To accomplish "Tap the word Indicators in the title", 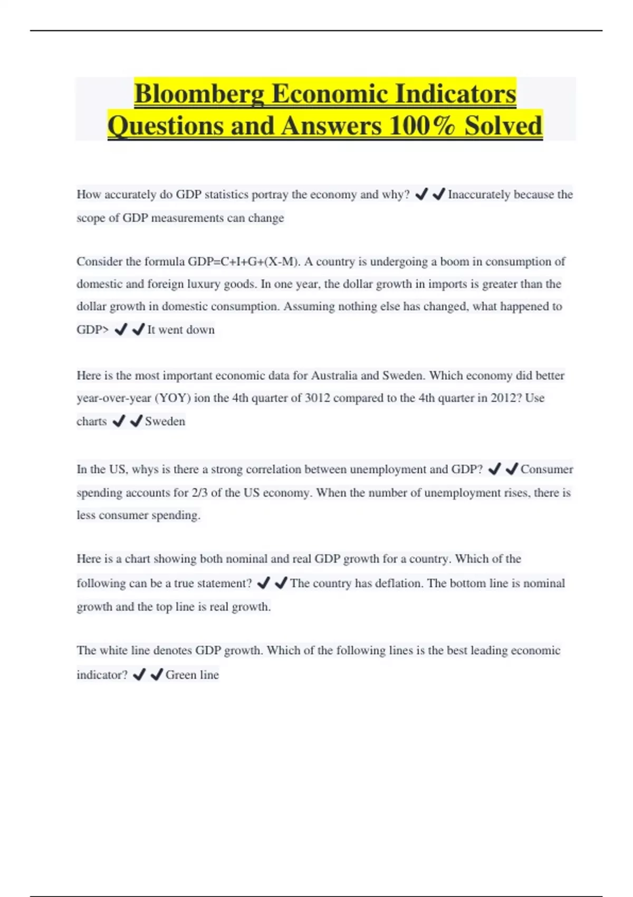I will pos(455,94).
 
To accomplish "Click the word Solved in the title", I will pos(503,126).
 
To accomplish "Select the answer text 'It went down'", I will pos(181,330).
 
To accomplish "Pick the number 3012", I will pos(317,398).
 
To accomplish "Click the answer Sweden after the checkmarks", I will pos(165,421).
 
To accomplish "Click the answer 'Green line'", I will pos(192,675).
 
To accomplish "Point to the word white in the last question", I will pos(113,651).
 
